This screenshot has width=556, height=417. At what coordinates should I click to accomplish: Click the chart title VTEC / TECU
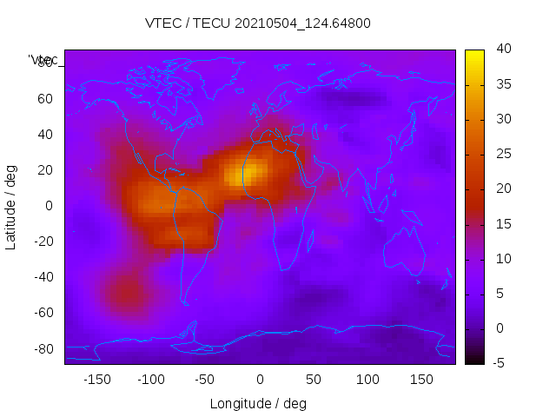pyautogui.click(x=257, y=23)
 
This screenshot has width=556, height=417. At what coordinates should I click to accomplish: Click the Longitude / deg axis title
pyautogui.click(x=258, y=404)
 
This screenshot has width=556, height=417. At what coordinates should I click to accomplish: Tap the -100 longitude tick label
pyautogui.click(x=150, y=380)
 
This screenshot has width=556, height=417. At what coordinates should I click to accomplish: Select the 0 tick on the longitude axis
pyautogui.click(x=260, y=380)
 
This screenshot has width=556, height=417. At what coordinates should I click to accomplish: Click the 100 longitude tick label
pyautogui.click(x=367, y=380)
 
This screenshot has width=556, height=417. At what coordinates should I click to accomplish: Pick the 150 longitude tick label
pyautogui.click(x=421, y=380)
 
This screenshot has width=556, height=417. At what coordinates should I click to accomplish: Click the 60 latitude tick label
pyautogui.click(x=45, y=98)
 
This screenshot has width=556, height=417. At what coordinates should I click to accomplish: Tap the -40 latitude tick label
pyautogui.click(x=42, y=277)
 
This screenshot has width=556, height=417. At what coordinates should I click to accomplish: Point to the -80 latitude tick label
pyautogui.click(x=42, y=348)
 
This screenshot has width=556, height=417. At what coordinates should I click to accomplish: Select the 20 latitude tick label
pyautogui.click(x=45, y=169)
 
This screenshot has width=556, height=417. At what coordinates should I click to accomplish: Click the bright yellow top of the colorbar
pyautogui.click(x=474, y=56)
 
